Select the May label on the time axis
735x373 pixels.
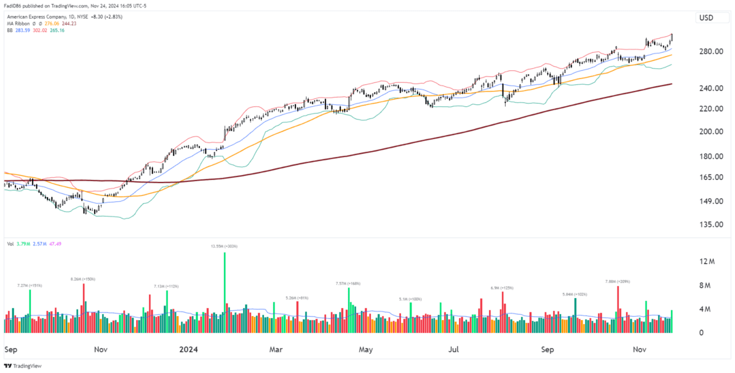(x=365, y=349)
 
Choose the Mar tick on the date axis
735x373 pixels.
(x=275, y=349)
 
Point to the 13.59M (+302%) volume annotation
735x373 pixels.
(x=224, y=247)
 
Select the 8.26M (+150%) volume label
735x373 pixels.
(x=84, y=279)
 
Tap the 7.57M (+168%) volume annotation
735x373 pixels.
(x=348, y=283)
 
